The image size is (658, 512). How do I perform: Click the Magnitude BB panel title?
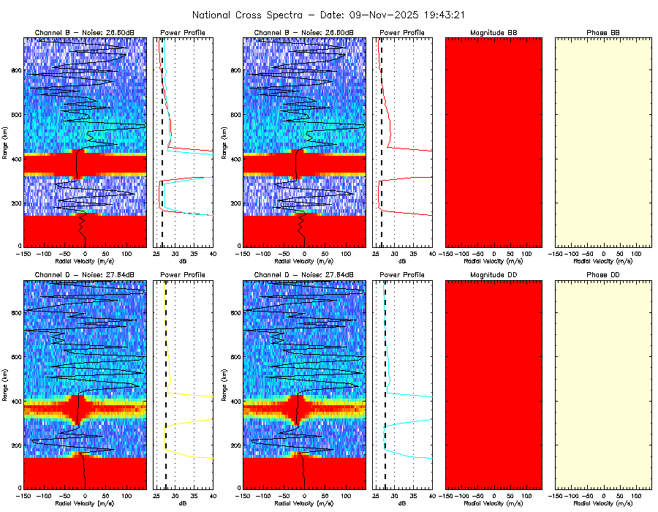click(494, 33)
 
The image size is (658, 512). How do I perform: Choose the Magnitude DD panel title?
click(494, 274)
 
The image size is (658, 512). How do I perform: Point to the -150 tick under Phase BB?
click(555, 252)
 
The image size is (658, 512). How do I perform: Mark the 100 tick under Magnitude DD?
click(526, 495)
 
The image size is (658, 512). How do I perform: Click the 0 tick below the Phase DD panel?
click(603, 495)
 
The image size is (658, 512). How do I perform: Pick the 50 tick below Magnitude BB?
click(510, 252)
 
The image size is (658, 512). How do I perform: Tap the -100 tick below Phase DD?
click(571, 495)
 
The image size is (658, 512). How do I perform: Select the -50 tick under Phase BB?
click(587, 252)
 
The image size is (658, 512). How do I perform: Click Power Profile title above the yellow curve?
click(183, 274)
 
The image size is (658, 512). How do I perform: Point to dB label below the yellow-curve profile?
click(183, 504)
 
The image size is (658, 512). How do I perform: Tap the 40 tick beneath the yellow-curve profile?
click(212, 495)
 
